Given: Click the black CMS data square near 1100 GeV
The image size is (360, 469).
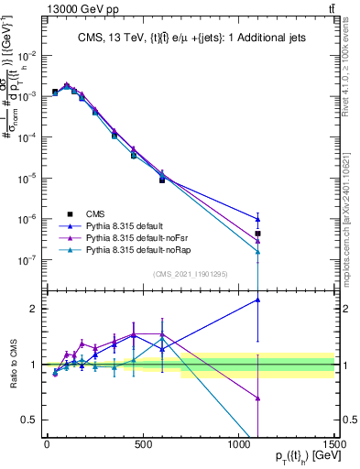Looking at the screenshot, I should click(x=258, y=234).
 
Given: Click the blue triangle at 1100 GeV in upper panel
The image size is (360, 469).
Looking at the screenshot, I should click(x=258, y=219).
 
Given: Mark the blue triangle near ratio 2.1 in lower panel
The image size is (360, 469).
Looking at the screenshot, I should click(x=258, y=300).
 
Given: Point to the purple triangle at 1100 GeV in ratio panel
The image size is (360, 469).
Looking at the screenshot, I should click(x=258, y=398).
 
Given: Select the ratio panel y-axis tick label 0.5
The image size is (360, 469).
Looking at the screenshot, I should click(x=31, y=420).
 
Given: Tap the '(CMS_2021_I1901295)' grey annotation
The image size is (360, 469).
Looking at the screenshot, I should click(x=191, y=274).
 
